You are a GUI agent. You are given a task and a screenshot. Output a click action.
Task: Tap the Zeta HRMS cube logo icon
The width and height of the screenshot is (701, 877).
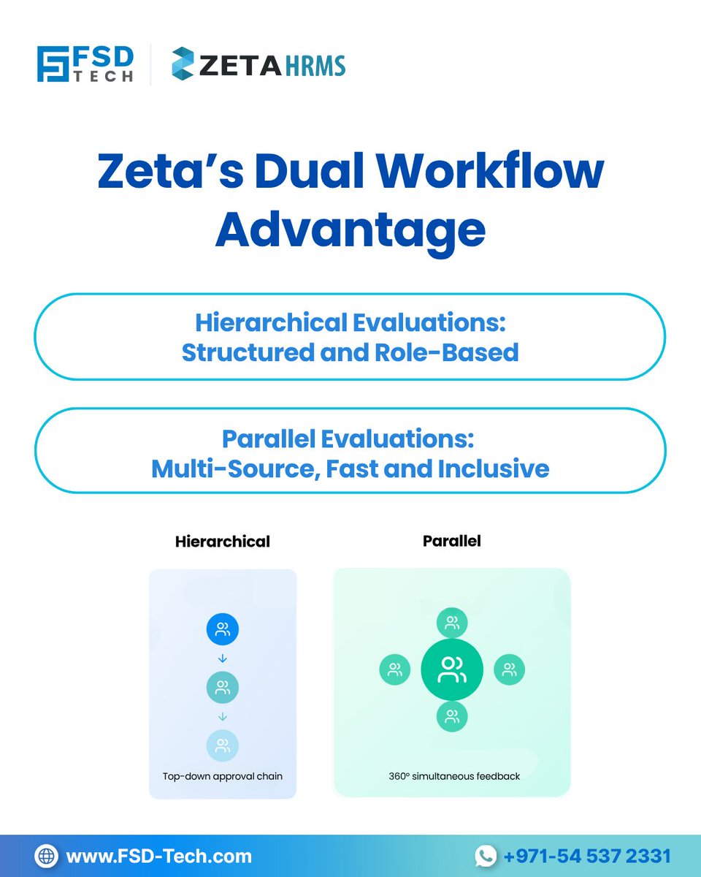click(x=183, y=64)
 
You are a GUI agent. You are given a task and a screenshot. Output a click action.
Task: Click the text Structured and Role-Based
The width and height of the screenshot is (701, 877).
click(x=350, y=352)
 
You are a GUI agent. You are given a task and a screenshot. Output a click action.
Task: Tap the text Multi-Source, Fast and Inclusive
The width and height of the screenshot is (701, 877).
click(x=350, y=468)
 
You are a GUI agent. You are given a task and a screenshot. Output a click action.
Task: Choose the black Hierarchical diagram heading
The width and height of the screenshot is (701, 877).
click(x=223, y=542)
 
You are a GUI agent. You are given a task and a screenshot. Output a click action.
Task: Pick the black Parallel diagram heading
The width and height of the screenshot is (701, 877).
click(x=451, y=542)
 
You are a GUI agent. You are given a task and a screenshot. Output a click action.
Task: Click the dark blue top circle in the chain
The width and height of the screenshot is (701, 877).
click(x=223, y=629)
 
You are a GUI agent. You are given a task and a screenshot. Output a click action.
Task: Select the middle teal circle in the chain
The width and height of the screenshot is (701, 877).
click(x=223, y=687)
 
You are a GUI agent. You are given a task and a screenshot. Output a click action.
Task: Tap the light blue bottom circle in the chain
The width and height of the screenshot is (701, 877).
click(x=223, y=745)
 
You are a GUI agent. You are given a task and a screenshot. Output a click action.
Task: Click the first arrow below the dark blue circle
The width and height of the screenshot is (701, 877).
click(x=223, y=658)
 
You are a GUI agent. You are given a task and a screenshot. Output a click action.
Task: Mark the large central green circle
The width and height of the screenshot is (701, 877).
click(x=452, y=669)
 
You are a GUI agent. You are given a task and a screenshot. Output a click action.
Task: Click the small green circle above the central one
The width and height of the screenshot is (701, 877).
click(x=452, y=623)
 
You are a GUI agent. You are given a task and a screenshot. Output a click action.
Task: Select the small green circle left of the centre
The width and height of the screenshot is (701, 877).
click(x=395, y=669)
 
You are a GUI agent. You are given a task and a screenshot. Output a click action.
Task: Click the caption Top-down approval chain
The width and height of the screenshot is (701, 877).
click(x=223, y=777)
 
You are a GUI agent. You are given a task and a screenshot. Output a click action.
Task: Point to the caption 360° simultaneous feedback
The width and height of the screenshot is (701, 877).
click(x=454, y=776)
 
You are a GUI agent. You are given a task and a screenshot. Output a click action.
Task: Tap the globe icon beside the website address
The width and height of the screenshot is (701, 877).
click(x=46, y=856)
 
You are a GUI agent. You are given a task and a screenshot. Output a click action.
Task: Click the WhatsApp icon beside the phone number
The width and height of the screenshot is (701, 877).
click(x=486, y=856)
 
